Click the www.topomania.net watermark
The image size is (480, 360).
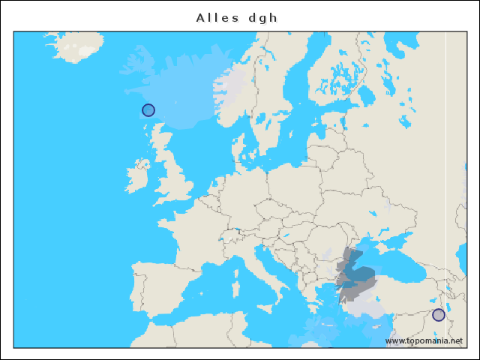click(x=424, y=341)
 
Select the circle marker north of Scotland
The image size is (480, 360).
click(x=148, y=110)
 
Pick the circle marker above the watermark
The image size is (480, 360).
click(x=439, y=315)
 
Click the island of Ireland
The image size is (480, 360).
click(x=139, y=178)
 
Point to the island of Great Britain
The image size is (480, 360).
click(x=177, y=176)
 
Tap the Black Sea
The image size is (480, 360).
click(x=390, y=266)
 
